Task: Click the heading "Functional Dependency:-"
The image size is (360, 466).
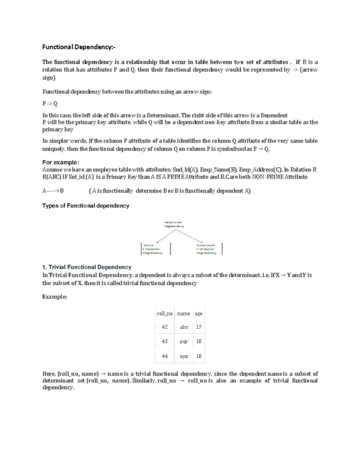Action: pos(79,47)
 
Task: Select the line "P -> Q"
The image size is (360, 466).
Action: pos(50,104)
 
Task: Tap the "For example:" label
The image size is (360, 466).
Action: pos(61,162)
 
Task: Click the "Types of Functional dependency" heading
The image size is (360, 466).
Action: pos(86,206)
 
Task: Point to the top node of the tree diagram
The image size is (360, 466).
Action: pos(174,224)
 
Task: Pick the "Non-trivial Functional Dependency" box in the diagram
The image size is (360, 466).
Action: pos(206,249)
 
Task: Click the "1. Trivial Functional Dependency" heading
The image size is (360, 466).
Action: pos(87,267)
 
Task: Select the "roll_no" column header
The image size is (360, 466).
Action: pos(165,314)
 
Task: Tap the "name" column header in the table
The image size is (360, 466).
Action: pos(184,314)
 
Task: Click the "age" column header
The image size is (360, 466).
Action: pos(199,314)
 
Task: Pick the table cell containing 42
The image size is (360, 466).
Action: pos(165,327)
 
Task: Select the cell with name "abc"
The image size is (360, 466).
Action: pos(184,327)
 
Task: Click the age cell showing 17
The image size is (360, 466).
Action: pos(199,327)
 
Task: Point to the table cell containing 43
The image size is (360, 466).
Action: pos(165,341)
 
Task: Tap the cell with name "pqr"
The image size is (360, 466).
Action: pos(184,342)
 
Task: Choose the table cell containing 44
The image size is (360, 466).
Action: pos(165,356)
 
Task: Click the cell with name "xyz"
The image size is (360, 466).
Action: pos(184,356)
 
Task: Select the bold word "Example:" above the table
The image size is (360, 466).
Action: pos(55,297)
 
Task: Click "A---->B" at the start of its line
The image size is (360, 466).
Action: pos(53,191)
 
